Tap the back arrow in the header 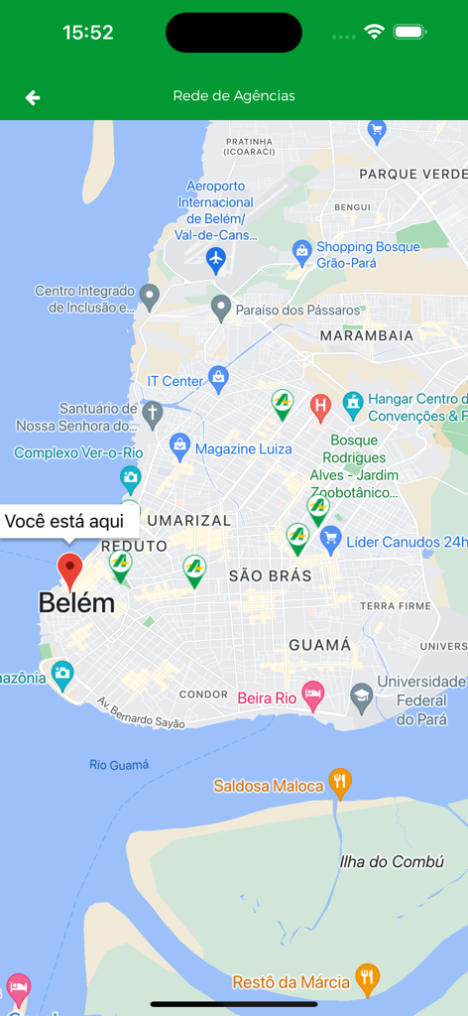(33, 97)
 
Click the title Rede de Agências (234, 96)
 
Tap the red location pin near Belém (69, 571)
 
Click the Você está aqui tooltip (64, 521)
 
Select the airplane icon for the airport (216, 260)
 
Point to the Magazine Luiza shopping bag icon (179, 445)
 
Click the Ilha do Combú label (392, 861)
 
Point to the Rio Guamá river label (119, 764)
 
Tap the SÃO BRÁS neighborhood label (270, 575)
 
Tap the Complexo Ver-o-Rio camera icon (131, 478)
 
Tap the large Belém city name (76, 602)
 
